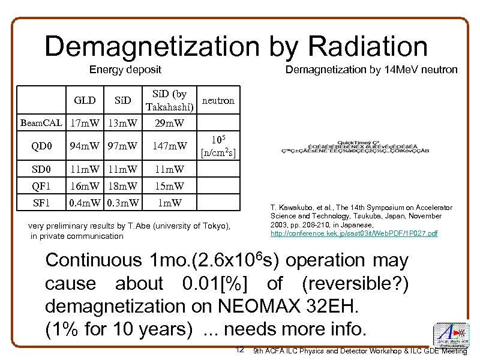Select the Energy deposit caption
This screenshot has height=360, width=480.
[x=125, y=70]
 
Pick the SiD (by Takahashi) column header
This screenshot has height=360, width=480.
[x=169, y=101]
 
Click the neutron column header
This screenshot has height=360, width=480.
[x=218, y=100]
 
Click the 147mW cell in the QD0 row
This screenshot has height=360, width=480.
[x=169, y=145]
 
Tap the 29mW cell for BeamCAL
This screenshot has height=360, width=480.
[x=169, y=124]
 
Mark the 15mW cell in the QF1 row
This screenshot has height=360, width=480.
[x=169, y=185]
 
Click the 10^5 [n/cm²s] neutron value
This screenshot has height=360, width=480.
[x=218, y=145]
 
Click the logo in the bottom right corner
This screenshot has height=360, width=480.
[x=450, y=336]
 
